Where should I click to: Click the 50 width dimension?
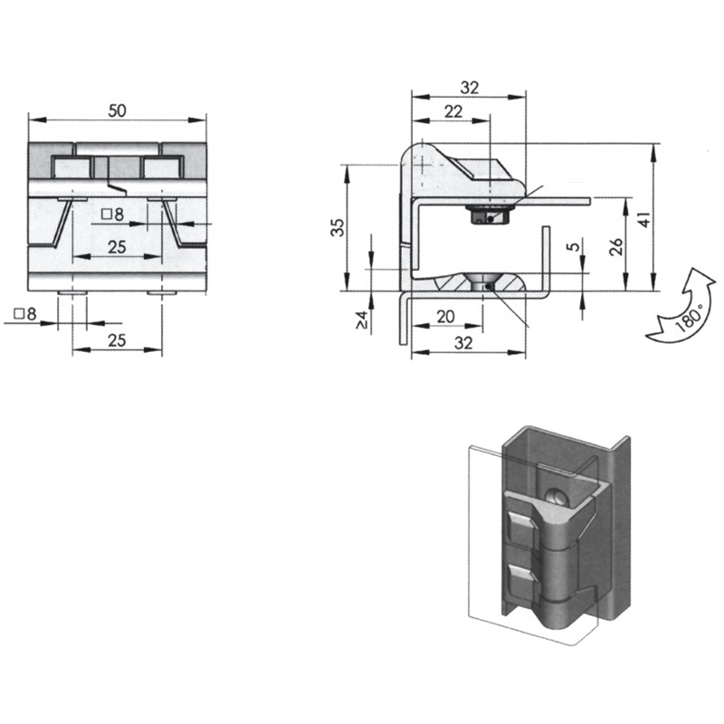click(x=117, y=110)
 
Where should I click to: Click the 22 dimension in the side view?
click(x=453, y=111)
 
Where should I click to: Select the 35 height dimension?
click(x=338, y=228)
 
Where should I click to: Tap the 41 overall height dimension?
click(x=644, y=219)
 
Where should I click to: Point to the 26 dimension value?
click(x=616, y=246)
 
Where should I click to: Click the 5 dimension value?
click(x=573, y=246)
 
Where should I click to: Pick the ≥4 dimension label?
click(x=361, y=320)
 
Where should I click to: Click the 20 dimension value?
click(x=445, y=317)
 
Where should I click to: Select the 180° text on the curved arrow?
click(x=689, y=318)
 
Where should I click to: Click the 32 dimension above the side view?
click(x=470, y=88)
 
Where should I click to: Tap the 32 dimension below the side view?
click(x=463, y=343)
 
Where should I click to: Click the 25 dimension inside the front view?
click(x=117, y=247)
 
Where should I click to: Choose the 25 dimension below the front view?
click(x=117, y=340)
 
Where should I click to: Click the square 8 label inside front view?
click(x=113, y=214)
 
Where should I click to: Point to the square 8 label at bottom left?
click(x=25, y=314)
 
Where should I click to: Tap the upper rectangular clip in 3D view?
click(x=523, y=529)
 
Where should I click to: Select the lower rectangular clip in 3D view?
click(x=523, y=583)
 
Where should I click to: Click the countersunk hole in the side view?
click(x=482, y=281)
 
